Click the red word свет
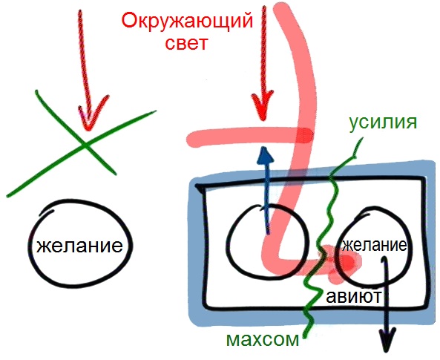(186, 44)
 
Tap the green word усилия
(383, 122)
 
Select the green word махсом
(263, 340)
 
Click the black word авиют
(354, 296)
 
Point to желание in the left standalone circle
(79, 246)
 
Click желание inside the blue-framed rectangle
(375, 246)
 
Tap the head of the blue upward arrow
(265, 155)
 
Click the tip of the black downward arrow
(388, 352)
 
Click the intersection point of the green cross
(85, 145)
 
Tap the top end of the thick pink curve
(281, 8)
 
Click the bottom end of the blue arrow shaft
(269, 233)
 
